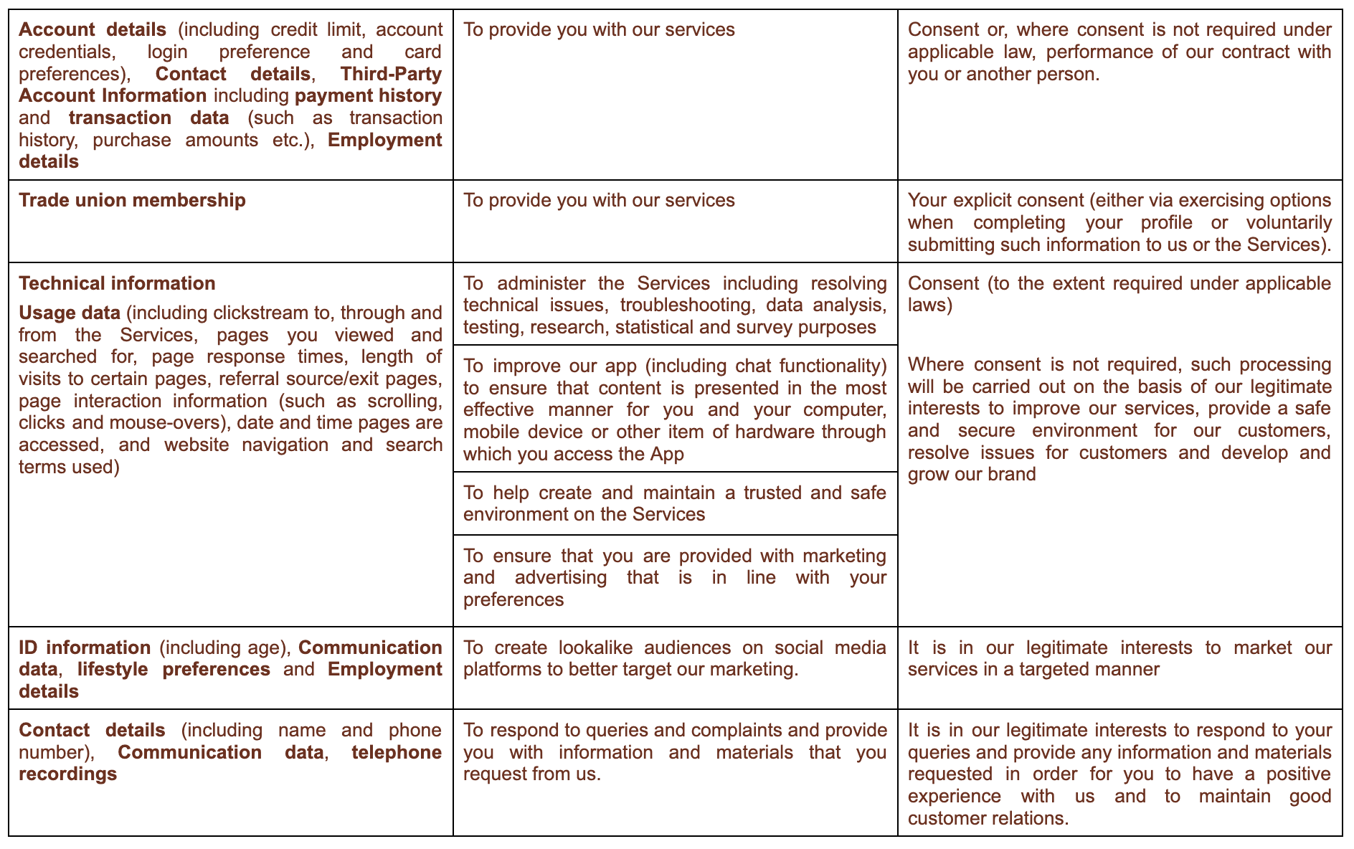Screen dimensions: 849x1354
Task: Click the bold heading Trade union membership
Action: [132, 200]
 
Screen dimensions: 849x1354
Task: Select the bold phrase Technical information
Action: [117, 283]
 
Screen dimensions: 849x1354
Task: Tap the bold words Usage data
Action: [70, 313]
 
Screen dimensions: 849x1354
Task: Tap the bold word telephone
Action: [396, 752]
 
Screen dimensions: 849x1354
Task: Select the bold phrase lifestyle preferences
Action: [174, 670]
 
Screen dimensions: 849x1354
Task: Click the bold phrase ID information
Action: [85, 648]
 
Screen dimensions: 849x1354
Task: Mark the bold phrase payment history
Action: [368, 95]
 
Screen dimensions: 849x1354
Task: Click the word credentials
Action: [65, 52]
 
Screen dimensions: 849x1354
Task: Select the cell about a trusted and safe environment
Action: [675, 503]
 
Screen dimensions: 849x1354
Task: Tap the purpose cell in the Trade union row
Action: [675, 221]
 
